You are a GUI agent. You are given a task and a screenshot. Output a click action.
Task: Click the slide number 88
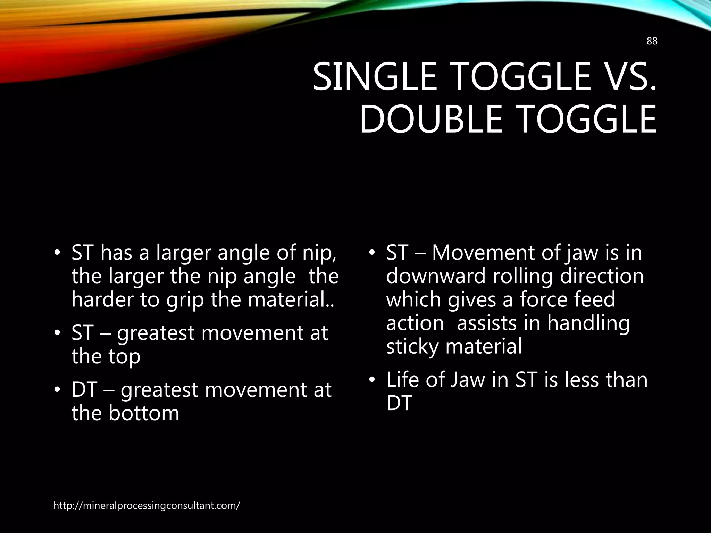point(652,41)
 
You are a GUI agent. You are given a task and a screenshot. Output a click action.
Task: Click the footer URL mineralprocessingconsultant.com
point(147,506)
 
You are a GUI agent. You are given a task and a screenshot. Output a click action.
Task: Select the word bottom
point(144,413)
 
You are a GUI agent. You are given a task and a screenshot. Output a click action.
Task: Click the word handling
point(588,323)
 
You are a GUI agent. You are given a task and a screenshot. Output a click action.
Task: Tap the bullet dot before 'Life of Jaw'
point(372,380)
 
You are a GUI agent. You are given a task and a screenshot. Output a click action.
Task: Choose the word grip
point(184,300)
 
